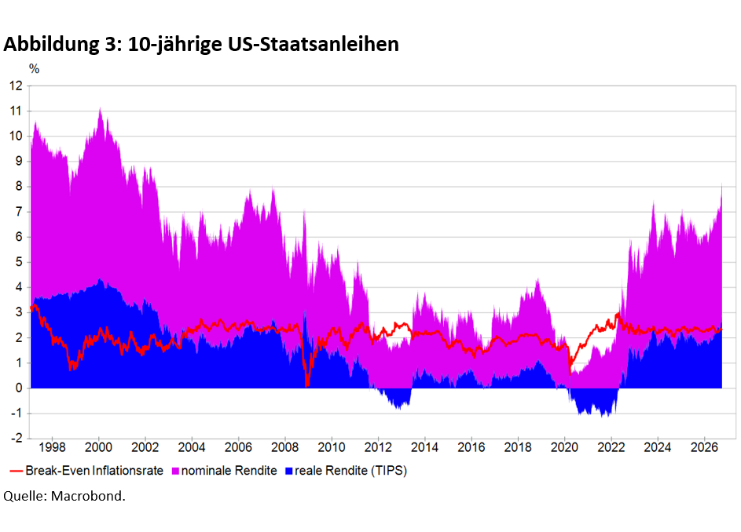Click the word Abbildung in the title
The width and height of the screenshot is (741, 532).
(x=51, y=45)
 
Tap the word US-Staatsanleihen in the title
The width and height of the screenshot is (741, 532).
(x=314, y=44)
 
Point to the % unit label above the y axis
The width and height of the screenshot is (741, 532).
(x=34, y=69)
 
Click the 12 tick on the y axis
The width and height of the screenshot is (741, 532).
(x=16, y=86)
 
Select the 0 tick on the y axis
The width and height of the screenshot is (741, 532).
(x=19, y=388)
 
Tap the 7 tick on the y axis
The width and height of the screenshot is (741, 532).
(x=19, y=212)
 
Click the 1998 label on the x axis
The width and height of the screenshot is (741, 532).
(x=52, y=447)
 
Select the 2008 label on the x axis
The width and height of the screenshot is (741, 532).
(x=285, y=447)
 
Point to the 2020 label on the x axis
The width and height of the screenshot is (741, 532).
(x=564, y=447)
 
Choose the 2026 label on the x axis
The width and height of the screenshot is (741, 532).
(x=704, y=447)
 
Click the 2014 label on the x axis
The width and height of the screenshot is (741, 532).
(x=424, y=447)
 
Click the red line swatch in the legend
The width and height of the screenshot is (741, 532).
(x=17, y=471)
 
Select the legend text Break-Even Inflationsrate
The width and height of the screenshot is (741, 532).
(x=94, y=471)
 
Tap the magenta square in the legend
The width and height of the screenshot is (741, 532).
(x=175, y=471)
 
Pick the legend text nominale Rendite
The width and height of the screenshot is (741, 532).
(x=229, y=471)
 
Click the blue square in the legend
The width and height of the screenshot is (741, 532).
(x=288, y=471)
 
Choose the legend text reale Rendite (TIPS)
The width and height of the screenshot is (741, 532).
(x=350, y=471)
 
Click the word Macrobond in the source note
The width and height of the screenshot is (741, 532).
(x=88, y=496)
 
